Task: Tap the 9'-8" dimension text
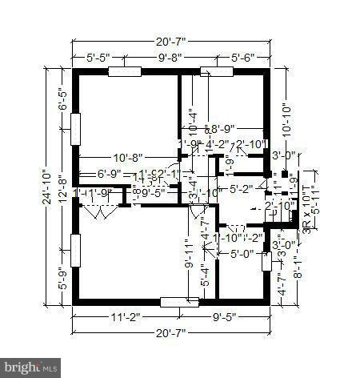coord(170,57)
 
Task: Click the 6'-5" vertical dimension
coord(63,103)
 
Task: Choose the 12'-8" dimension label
coord(63,189)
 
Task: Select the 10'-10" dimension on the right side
coord(286,118)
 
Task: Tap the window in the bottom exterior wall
coord(179,302)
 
